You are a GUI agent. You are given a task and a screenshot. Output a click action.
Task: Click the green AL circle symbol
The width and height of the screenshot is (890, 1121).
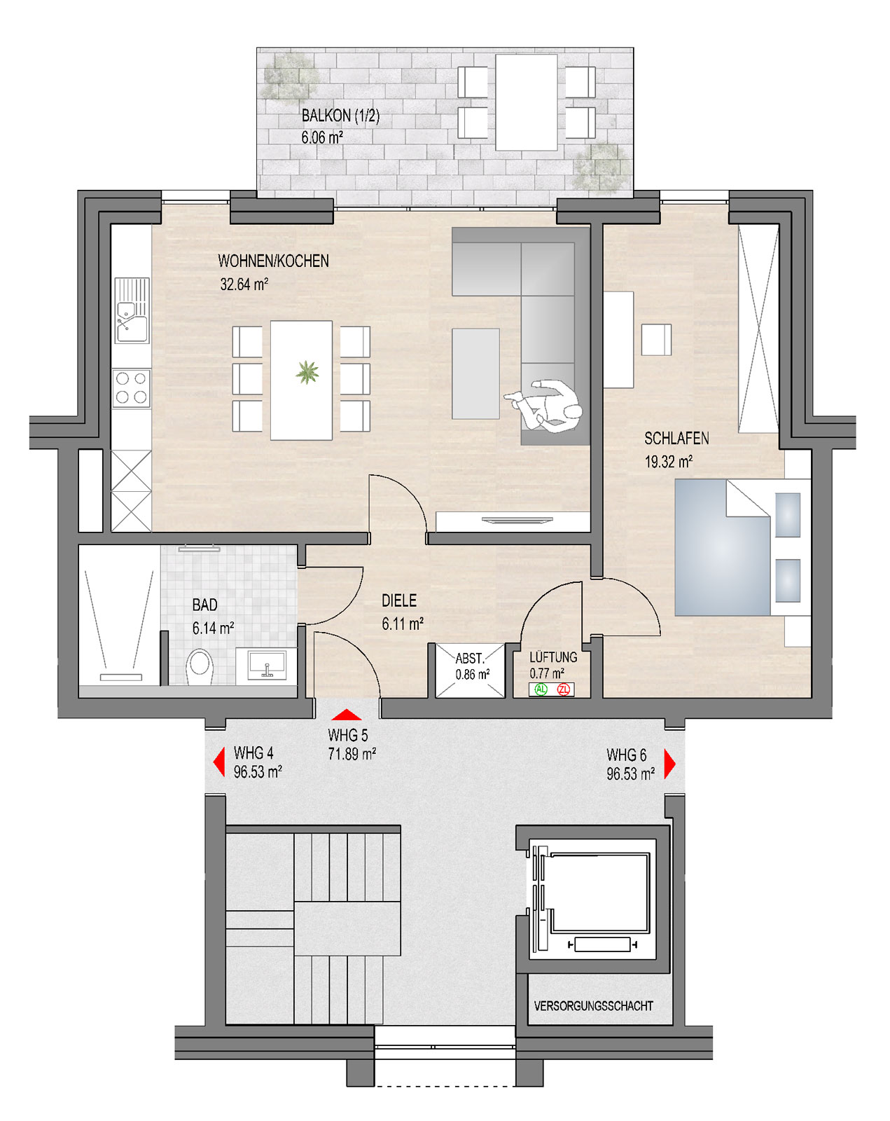pyautogui.click(x=541, y=689)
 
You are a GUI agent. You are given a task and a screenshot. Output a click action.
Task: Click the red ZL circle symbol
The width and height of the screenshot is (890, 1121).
pyautogui.click(x=563, y=689)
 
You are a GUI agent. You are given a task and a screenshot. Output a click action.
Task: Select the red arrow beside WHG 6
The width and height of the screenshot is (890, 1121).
pyautogui.click(x=669, y=764)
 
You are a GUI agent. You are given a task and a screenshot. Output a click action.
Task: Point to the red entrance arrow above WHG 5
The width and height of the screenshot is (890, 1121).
pyautogui.click(x=347, y=715)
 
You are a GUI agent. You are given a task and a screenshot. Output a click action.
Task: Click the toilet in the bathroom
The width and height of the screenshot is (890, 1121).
pyautogui.click(x=200, y=667)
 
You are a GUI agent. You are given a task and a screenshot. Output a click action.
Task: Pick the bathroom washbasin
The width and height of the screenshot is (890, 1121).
pyautogui.click(x=266, y=664)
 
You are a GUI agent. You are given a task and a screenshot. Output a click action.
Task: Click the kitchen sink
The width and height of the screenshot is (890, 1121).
pyautogui.click(x=132, y=310)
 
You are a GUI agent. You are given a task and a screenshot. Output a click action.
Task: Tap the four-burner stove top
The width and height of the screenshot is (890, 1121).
pyautogui.click(x=131, y=388)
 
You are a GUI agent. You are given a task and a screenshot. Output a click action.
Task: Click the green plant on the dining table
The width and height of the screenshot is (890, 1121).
pyautogui.click(x=307, y=373)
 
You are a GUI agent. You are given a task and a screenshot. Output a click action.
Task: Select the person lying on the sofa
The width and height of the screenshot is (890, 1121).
pyautogui.click(x=544, y=405)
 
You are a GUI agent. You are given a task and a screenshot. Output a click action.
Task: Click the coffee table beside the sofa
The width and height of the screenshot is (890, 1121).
pyautogui.click(x=475, y=373)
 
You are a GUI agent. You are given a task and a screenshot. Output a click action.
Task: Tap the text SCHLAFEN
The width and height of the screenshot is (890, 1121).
pyautogui.click(x=676, y=439)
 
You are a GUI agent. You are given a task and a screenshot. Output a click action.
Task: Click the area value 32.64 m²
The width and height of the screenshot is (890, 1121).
pyautogui.click(x=244, y=284)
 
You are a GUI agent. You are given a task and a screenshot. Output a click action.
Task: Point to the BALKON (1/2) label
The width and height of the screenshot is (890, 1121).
pyautogui.click(x=340, y=116)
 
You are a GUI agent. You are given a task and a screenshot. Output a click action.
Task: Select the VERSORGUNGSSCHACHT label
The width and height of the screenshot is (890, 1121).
pyautogui.click(x=593, y=1006)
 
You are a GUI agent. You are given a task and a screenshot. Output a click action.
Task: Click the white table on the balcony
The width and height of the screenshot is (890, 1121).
pyautogui.click(x=526, y=102)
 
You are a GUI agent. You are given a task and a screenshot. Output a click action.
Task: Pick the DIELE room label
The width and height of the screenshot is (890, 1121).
pyautogui.click(x=399, y=600)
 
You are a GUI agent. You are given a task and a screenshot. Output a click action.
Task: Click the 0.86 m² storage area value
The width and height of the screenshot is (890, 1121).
pyautogui.click(x=473, y=675)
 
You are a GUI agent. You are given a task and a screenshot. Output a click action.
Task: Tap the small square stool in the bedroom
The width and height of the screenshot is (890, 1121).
pyautogui.click(x=656, y=340)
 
